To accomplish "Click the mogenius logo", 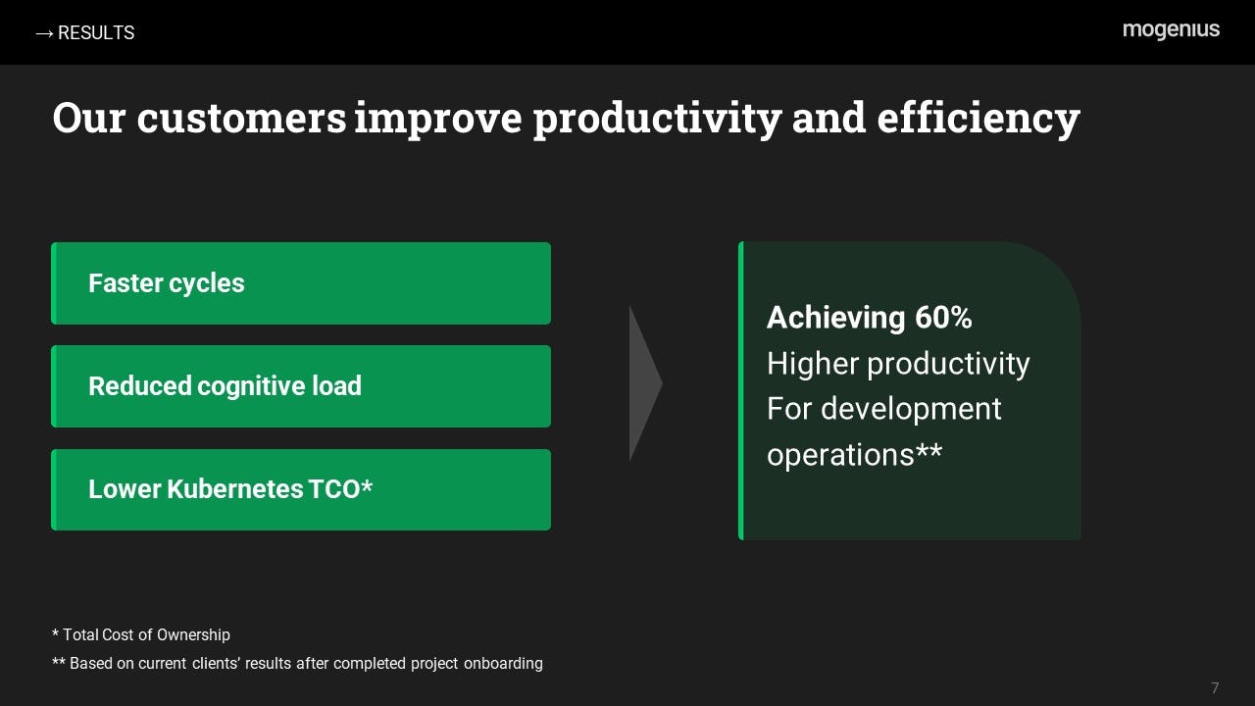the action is pos(1171,29).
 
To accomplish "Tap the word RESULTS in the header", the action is pos(96,33).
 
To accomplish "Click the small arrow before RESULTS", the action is pos(44,34).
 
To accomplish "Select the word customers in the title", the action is pos(241,118).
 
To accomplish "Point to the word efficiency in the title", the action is pos(979,119).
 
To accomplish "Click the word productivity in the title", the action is pos(657,120).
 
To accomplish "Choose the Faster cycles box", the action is pos(301,283).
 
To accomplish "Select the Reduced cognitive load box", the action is pos(301,386).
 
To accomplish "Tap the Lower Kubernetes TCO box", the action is pos(301,489).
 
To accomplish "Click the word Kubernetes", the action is pos(235,489).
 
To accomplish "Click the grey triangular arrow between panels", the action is pos(645,383).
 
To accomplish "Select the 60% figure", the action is pos(943,318).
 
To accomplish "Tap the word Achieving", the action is pos(835,319).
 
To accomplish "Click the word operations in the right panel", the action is pos(840,454).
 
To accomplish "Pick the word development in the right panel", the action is pos(911,410).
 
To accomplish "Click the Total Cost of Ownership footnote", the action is pos(141,634).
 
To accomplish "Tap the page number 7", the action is pos(1215,688).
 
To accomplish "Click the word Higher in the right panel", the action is pos(813,364).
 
